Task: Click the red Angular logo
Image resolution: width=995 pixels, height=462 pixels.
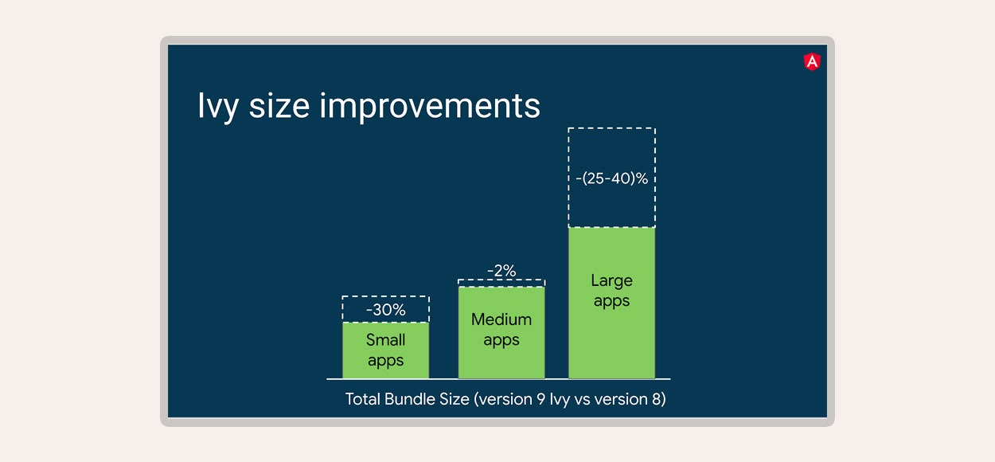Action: pos(813,62)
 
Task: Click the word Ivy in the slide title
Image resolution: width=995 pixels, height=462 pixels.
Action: pos(218,106)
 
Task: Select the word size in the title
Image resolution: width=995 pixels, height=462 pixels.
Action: pos(279,106)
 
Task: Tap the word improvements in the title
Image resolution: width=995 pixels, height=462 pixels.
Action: pos(430,106)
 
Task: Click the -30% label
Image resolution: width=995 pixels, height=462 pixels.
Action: pos(385,310)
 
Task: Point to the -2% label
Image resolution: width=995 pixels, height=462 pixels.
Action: pos(501,270)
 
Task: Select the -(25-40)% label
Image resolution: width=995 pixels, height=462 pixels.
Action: pos(611,178)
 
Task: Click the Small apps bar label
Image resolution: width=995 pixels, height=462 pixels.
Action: pos(385,350)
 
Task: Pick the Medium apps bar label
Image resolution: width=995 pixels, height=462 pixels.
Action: pos(501,330)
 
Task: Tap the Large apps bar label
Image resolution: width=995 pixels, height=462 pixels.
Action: pos(611,291)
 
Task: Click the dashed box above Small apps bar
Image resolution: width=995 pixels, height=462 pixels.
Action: pos(385,296)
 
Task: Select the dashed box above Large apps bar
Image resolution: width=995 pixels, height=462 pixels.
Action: pos(611,128)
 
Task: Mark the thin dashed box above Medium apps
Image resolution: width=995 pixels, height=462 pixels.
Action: pos(501,280)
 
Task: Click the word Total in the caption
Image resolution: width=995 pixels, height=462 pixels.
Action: pos(362,399)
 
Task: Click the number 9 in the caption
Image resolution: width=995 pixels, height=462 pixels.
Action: pos(540,399)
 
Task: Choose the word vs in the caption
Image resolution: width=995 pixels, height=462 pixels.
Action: pos(582,400)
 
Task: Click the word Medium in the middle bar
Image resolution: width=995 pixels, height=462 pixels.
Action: pos(501,319)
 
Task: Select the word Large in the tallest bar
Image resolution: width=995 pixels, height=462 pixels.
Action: pos(611,281)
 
